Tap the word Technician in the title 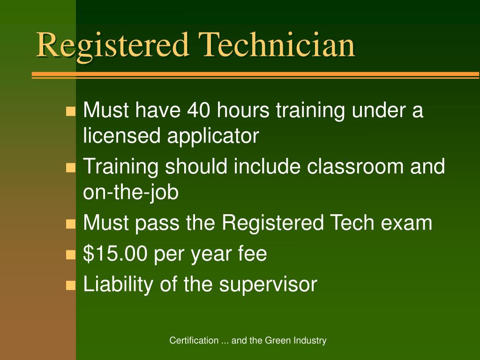[x=277, y=45]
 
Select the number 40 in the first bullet [x=199, y=111]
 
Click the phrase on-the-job [x=131, y=192]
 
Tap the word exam [x=406, y=223]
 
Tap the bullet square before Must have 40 [x=71, y=112]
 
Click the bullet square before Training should [x=71, y=168]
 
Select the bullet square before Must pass [x=71, y=224]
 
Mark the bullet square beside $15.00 [x=71, y=255]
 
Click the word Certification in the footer [x=194, y=341]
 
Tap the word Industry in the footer [x=310, y=341]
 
